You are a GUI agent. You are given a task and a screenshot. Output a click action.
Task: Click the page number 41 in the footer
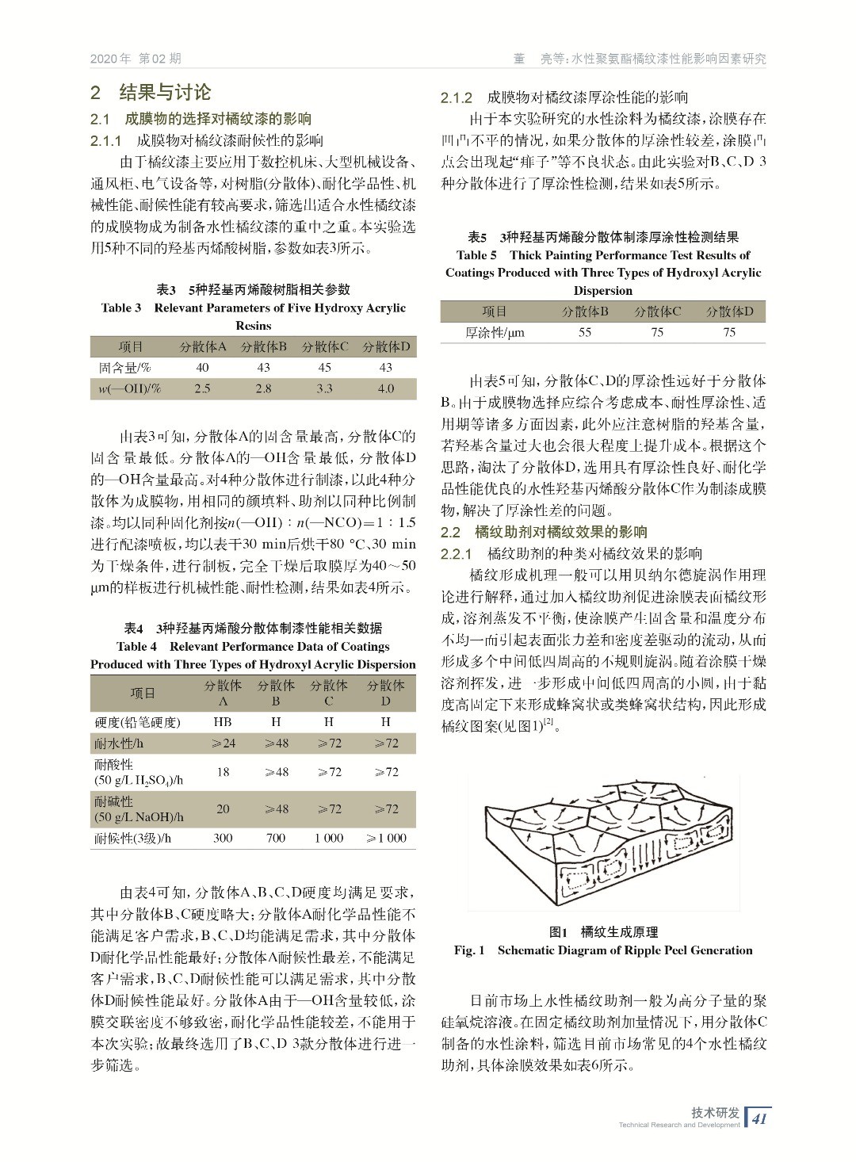pyautogui.click(x=759, y=1118)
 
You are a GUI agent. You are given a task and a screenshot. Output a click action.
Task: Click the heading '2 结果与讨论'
pyautogui.click(x=151, y=92)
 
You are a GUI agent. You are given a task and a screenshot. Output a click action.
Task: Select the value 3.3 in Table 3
pyautogui.click(x=325, y=388)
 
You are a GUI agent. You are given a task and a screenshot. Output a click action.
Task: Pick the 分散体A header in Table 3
pyautogui.click(x=202, y=346)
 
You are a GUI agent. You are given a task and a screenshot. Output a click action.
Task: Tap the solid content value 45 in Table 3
pyautogui.click(x=325, y=367)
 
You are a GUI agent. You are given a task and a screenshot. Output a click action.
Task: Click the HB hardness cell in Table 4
pyautogui.click(x=223, y=722)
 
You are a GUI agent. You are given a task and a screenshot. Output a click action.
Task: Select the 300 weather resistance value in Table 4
pyautogui.click(x=223, y=837)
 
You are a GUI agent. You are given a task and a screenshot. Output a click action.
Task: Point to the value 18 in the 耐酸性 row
pyautogui.click(x=223, y=771)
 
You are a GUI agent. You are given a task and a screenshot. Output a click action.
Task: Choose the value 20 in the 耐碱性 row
pyautogui.click(x=223, y=808)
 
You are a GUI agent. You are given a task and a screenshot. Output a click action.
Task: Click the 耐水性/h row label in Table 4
pyautogui.click(x=119, y=743)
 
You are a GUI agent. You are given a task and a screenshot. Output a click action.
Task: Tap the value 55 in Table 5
pyautogui.click(x=585, y=332)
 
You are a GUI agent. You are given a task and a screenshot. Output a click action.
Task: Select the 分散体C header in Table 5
pyautogui.click(x=657, y=312)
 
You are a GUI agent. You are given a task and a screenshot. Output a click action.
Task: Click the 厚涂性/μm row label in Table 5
pyautogui.click(x=495, y=333)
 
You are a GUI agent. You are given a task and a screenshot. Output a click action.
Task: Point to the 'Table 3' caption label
pyautogui.click(x=121, y=308)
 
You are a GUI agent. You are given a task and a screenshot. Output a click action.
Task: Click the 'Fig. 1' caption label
pyautogui.click(x=469, y=950)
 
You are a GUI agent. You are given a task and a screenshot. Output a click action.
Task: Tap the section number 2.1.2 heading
pyautogui.click(x=457, y=97)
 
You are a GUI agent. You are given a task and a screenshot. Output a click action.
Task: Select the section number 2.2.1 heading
pyautogui.click(x=457, y=553)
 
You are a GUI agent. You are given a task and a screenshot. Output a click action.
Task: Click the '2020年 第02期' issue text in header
pyautogui.click(x=136, y=59)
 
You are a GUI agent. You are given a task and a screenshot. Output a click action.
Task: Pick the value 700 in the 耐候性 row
pyautogui.click(x=276, y=837)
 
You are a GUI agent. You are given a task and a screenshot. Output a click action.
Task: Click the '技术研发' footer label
pyautogui.click(x=715, y=1112)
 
